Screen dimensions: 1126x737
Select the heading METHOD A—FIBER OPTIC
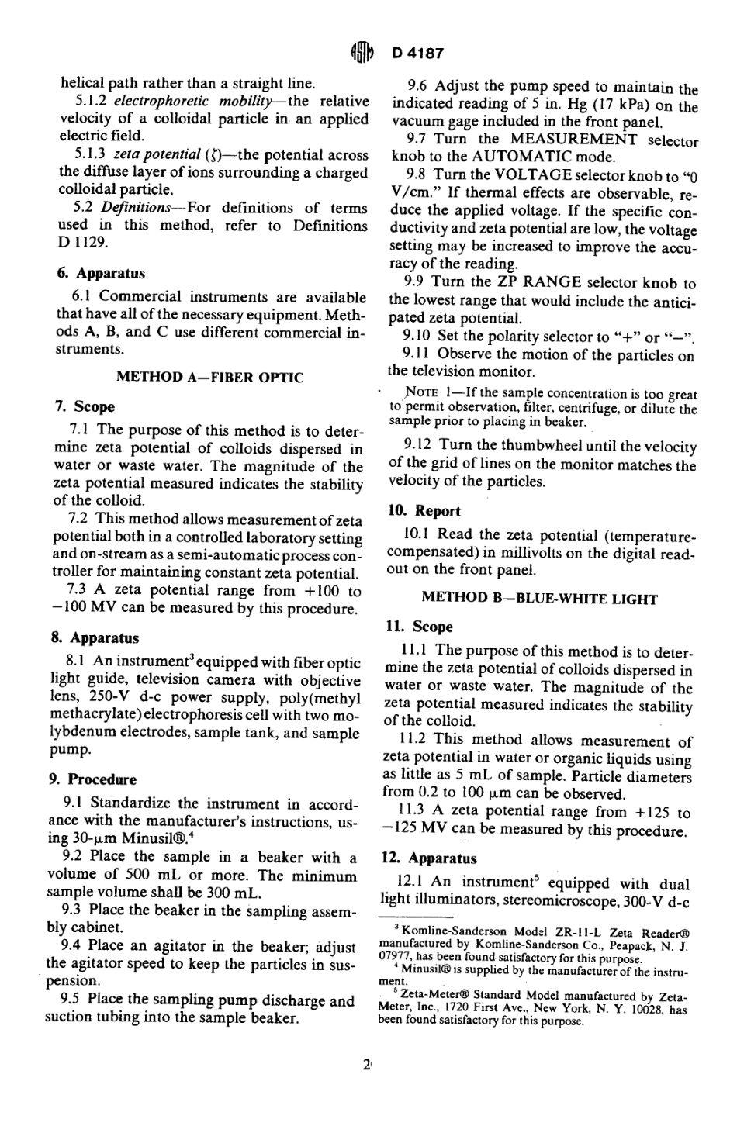(209, 378)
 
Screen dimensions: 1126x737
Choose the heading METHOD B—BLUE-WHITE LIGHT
(539, 599)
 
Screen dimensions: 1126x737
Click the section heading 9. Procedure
(94, 779)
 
